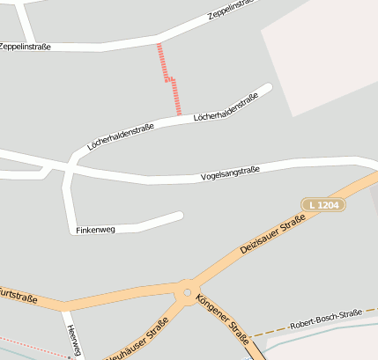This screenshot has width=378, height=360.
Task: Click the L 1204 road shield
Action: tap(323, 204)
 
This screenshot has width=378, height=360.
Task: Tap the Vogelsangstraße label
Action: tap(231, 174)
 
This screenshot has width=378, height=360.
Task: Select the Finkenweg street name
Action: tap(96, 231)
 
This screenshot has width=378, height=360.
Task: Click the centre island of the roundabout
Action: tap(186, 291)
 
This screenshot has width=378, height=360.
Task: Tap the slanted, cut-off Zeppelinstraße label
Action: tap(231, 10)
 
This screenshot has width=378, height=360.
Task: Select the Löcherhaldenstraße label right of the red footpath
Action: tap(226, 107)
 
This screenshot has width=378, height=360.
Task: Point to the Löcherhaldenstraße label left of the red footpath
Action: tap(121, 136)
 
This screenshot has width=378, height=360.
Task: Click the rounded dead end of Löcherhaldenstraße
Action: tap(268, 88)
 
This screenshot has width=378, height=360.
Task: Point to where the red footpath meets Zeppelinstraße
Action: tap(159, 41)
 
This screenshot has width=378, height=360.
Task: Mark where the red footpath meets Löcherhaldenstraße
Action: tap(180, 116)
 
